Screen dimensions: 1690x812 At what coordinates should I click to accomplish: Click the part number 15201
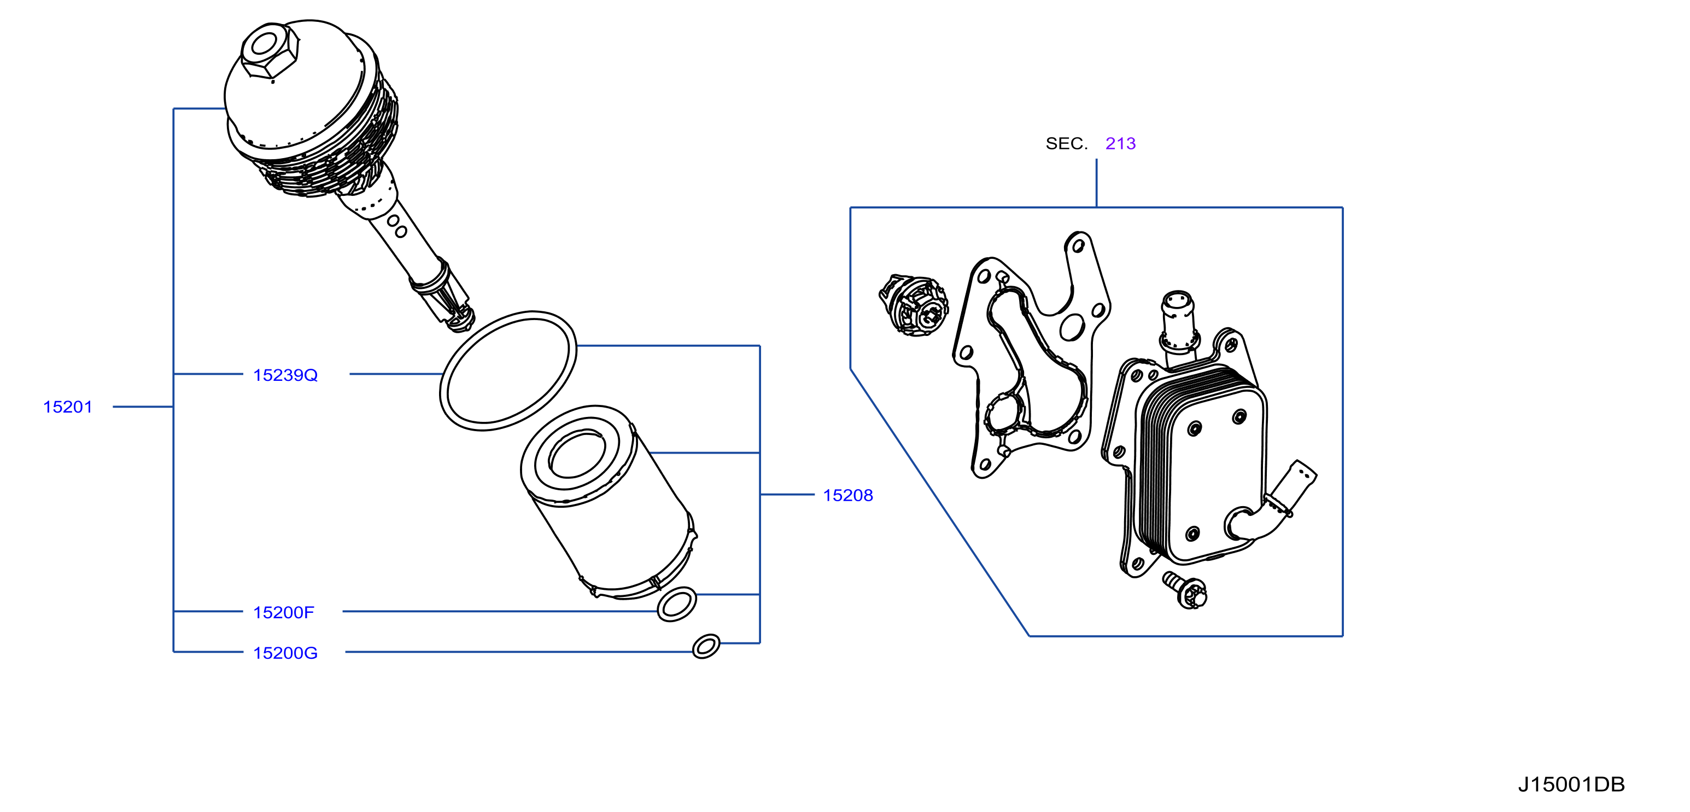pyautogui.click(x=68, y=407)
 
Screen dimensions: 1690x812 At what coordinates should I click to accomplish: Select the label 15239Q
pyautogui.click(x=285, y=375)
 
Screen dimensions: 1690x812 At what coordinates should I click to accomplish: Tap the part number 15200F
pyautogui.click(x=283, y=612)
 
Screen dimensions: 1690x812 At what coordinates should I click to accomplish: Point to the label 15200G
pyautogui.click(x=285, y=653)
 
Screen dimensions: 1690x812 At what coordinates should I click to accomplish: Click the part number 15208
pyautogui.click(x=848, y=496)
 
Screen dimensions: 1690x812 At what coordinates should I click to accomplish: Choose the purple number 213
pyautogui.click(x=1120, y=144)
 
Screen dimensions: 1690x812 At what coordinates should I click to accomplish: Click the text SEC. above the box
pyautogui.click(x=1067, y=144)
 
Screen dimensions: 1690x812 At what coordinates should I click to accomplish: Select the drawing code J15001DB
pyautogui.click(x=1571, y=785)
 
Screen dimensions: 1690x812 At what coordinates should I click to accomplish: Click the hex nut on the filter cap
pyautogui.click(x=270, y=51)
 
